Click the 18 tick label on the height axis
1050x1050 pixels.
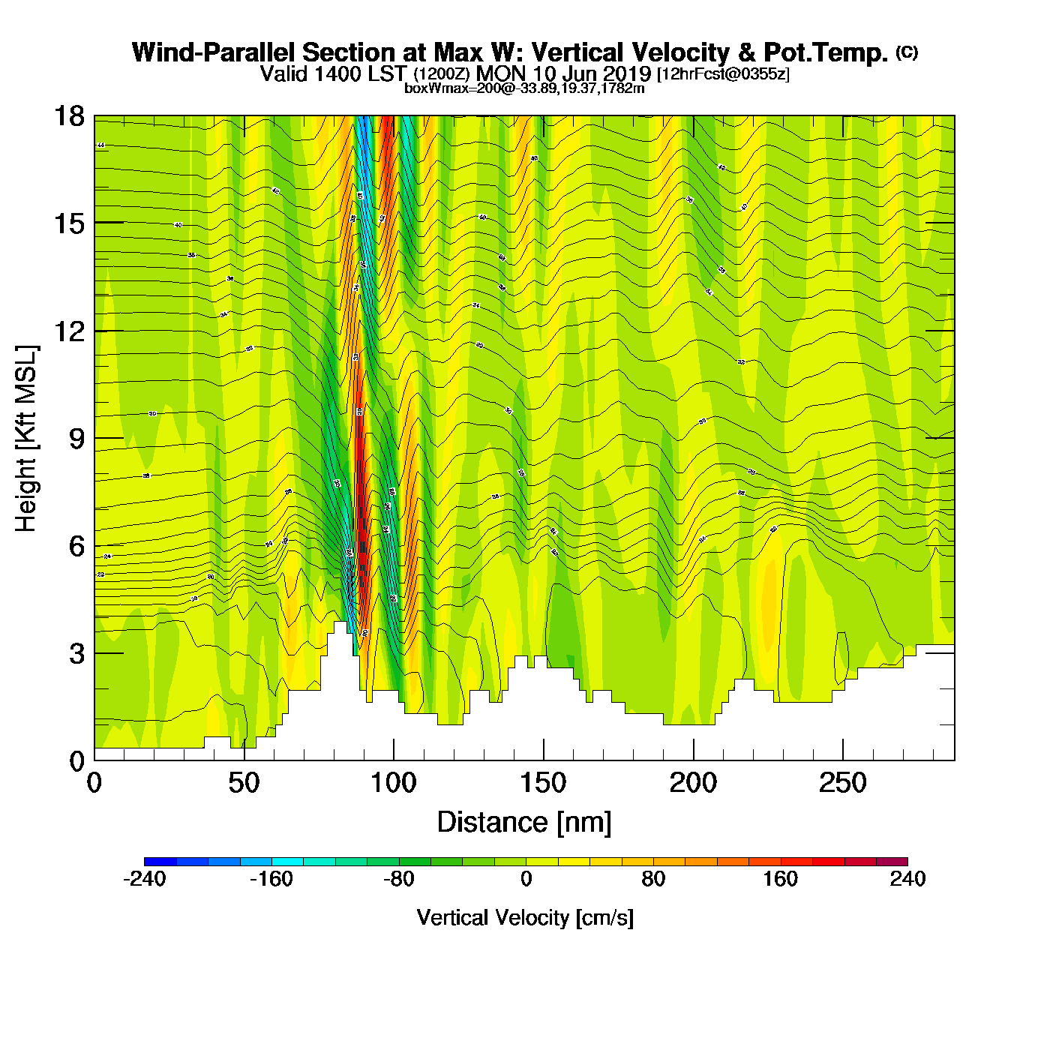click(x=69, y=116)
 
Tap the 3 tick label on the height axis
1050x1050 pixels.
click(x=76, y=653)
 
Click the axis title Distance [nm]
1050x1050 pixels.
click(x=524, y=823)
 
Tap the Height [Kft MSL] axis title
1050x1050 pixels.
click(x=27, y=439)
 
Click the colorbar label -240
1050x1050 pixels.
click(x=144, y=879)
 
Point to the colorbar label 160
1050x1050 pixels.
click(x=780, y=879)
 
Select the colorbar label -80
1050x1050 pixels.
click(x=398, y=879)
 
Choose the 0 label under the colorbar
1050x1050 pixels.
click(x=526, y=879)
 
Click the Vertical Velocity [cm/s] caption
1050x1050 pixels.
click(x=525, y=918)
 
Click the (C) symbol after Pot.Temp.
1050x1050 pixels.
click(x=906, y=52)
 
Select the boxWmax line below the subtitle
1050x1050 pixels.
click(x=524, y=88)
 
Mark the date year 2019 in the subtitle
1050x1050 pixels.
click(x=624, y=73)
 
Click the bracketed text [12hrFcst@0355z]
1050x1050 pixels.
click(x=723, y=73)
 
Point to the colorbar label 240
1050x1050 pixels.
click(x=907, y=879)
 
